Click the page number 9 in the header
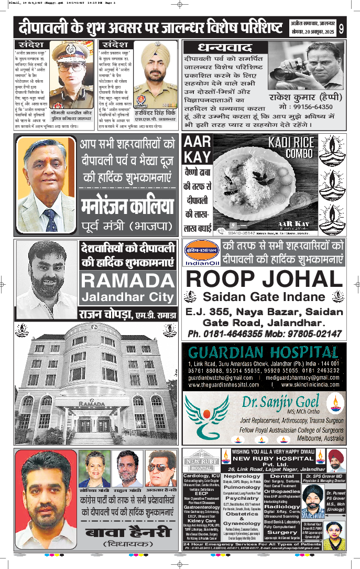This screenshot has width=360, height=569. (341, 28)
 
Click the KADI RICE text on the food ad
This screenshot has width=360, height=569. (291, 142)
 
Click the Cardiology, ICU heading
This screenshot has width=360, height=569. (201, 476)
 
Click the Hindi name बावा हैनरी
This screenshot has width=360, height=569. (127, 532)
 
